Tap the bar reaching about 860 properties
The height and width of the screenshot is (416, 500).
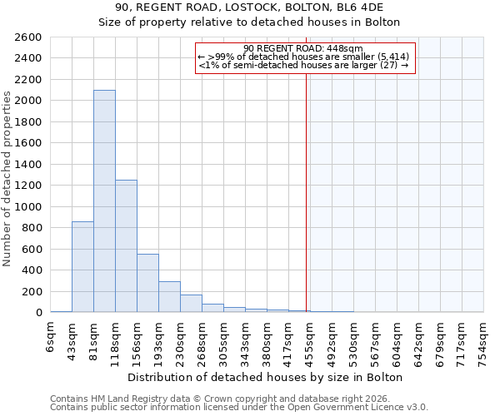point(82,266)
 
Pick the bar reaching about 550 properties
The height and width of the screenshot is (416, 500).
point(147,283)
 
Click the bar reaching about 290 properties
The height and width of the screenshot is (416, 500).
point(169,296)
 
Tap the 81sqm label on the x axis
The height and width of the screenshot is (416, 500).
point(93,339)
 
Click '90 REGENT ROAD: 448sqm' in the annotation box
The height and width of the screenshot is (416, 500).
point(304,48)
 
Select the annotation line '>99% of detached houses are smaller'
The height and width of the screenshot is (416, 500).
point(304,57)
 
